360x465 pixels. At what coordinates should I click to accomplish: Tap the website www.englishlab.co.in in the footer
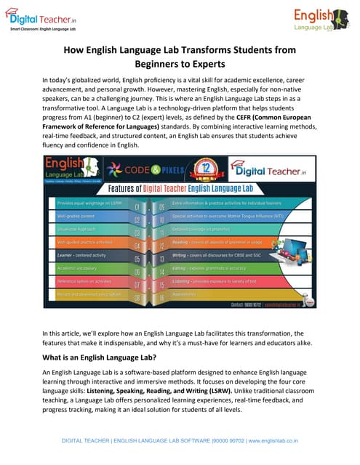pyautogui.click(x=277, y=440)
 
